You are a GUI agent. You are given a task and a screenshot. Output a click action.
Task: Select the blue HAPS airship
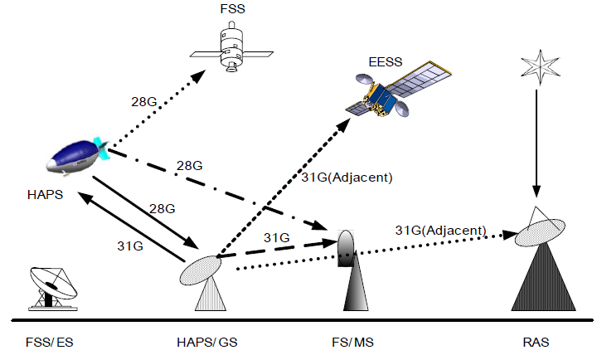(76, 158)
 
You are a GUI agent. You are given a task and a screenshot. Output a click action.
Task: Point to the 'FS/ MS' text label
(344, 342)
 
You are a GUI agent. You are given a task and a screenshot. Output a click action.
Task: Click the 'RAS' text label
(536, 342)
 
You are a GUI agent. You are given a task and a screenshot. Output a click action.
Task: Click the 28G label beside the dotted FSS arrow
(144, 103)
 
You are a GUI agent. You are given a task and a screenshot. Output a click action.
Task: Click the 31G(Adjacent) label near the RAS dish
(439, 229)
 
